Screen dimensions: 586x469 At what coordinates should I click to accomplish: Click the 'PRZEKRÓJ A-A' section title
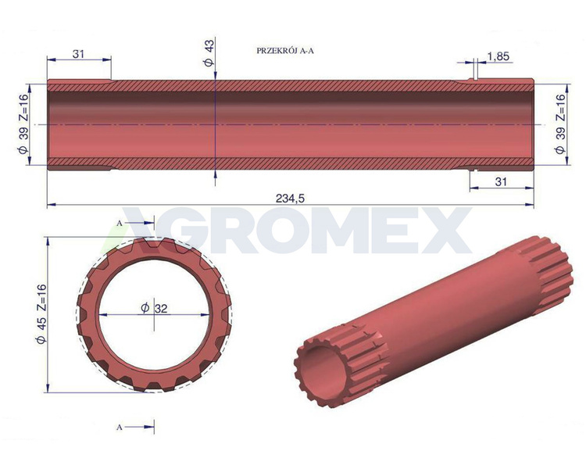[285, 51]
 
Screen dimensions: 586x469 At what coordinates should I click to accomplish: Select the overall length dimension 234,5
[290, 199]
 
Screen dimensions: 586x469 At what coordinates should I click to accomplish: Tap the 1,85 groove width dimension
[498, 56]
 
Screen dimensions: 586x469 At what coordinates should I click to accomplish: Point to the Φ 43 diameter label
[209, 53]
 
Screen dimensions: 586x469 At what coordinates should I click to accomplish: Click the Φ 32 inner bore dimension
[155, 308]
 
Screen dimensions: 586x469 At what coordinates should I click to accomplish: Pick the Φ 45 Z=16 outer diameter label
[41, 313]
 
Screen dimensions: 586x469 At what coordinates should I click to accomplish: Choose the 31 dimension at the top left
[78, 54]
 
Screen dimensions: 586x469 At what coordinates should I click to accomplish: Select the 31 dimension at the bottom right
[501, 182]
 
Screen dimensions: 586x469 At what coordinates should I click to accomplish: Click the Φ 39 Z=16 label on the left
[23, 124]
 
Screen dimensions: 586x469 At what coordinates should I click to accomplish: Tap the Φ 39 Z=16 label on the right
[560, 124]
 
